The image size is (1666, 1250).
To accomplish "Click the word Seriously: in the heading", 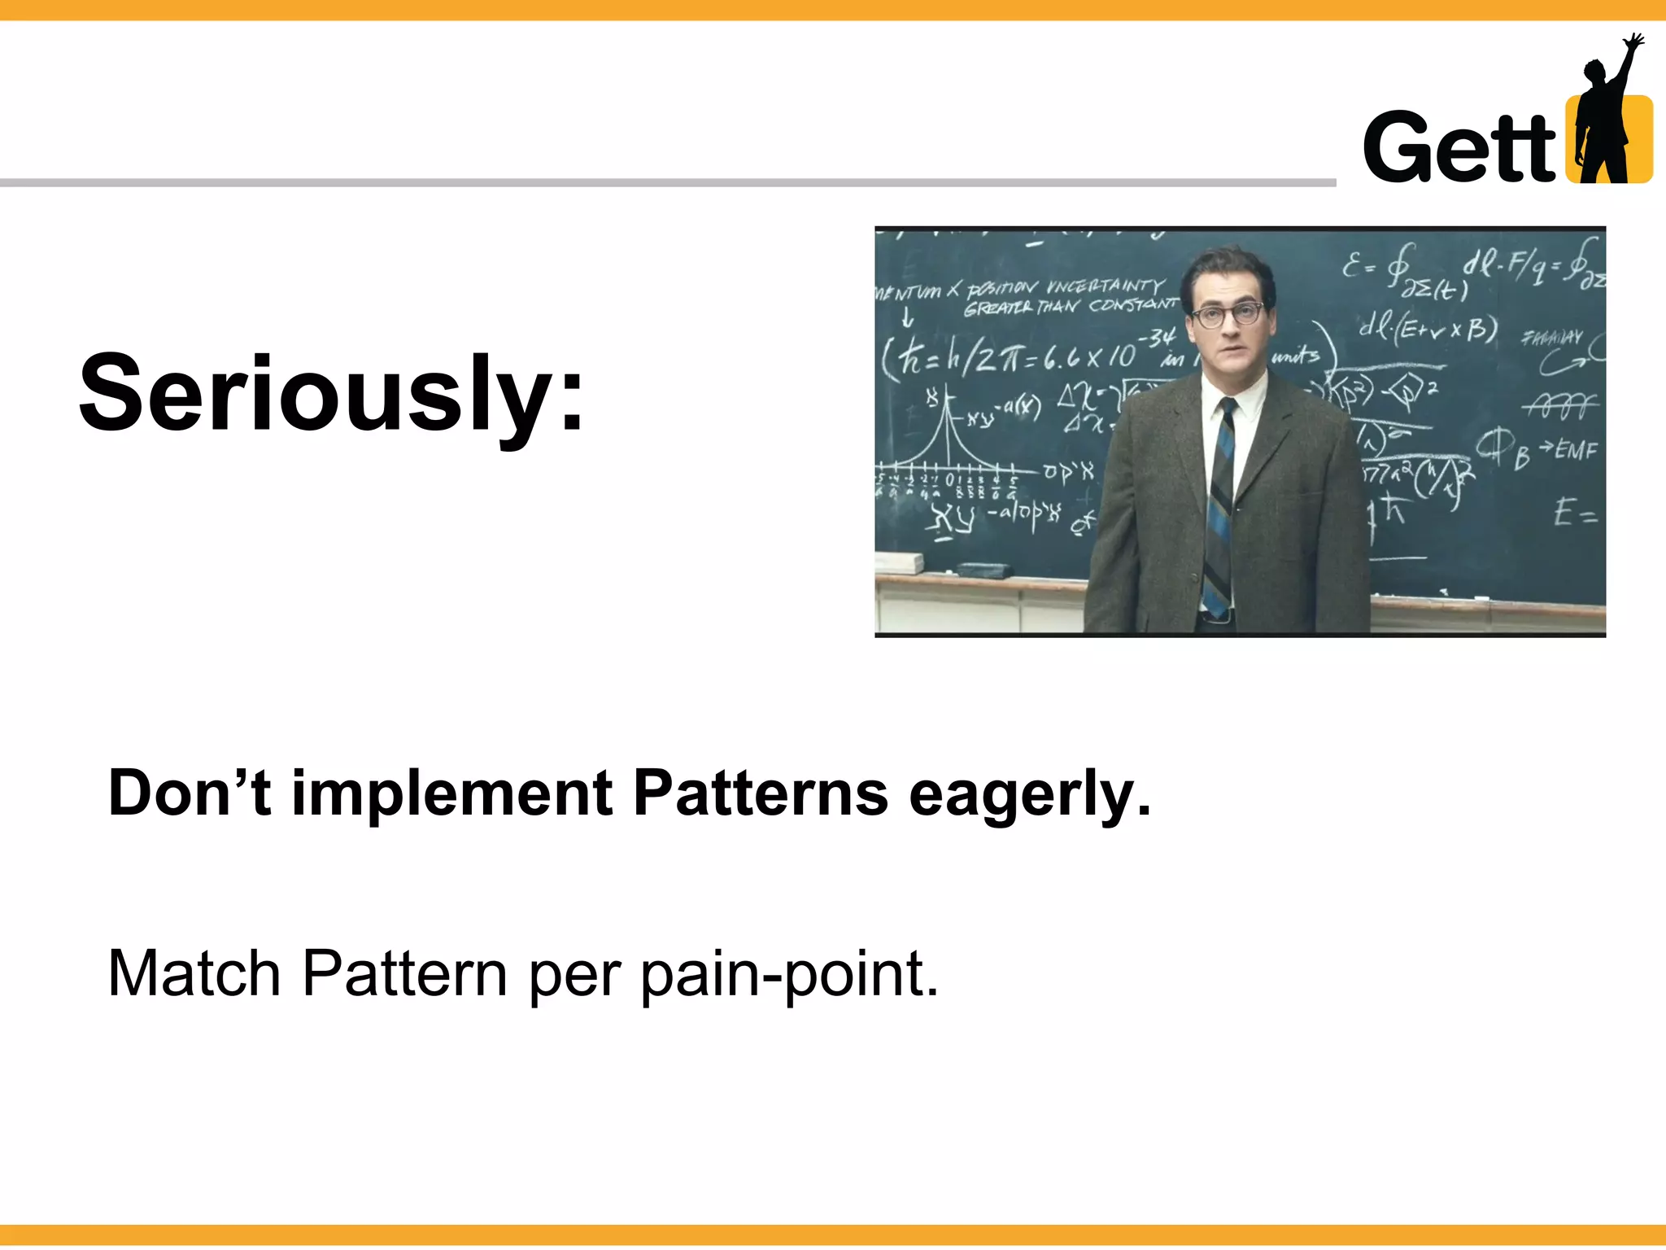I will tap(331, 395).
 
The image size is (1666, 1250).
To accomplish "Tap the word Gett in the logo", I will tap(1459, 148).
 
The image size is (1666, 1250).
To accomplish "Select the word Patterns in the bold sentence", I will tap(761, 793).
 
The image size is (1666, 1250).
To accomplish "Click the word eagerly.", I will tap(1030, 793).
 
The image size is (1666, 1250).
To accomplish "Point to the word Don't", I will tap(189, 793).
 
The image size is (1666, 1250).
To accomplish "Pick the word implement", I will tap(452, 793).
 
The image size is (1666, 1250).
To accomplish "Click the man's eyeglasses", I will tap(1228, 314).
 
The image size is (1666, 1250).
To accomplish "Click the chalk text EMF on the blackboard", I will tap(1577, 449).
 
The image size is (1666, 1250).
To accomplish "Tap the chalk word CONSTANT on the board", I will tap(1133, 305).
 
